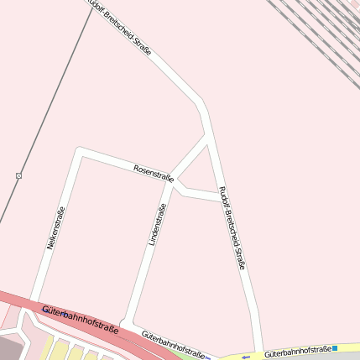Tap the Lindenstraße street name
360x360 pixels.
(157, 224)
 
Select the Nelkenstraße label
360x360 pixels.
(55, 228)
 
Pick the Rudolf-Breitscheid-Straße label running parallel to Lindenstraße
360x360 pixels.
(232, 227)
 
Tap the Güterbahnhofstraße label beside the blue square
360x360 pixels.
(297, 352)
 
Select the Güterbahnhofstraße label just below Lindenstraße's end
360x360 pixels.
(173, 342)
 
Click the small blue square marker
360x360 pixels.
(335, 347)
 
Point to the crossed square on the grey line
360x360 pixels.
(18, 175)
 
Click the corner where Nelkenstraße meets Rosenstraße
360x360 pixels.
(79, 152)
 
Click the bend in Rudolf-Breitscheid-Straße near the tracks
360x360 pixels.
(202, 107)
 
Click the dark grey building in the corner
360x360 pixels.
(10, 348)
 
